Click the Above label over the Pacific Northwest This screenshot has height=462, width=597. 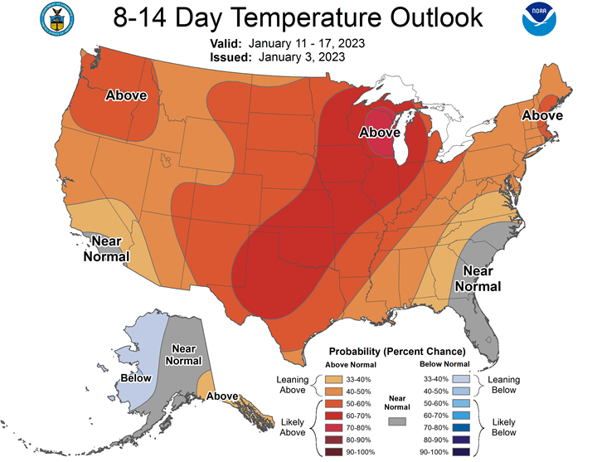point(126,95)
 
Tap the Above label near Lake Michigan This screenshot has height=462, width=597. point(379,133)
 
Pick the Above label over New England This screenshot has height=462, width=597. point(542,116)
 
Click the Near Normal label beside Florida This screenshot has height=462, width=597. point(482,279)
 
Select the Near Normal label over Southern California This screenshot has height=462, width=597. point(107,248)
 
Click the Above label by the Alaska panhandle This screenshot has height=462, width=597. point(223,396)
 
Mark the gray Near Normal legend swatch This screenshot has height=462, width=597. point(400,421)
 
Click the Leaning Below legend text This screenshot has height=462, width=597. point(503,385)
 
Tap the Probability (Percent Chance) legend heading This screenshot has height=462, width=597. point(397,352)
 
